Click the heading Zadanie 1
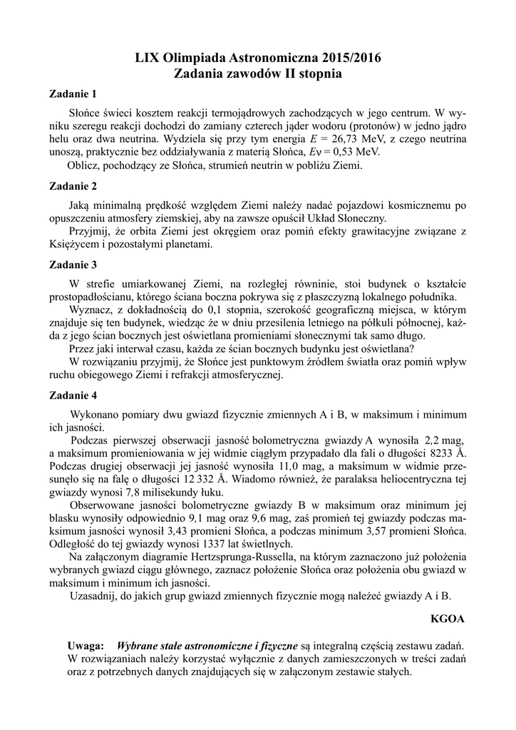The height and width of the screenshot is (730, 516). click(72, 93)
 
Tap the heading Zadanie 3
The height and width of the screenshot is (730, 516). click(72, 266)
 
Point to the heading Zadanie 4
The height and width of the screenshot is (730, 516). click(72, 395)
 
